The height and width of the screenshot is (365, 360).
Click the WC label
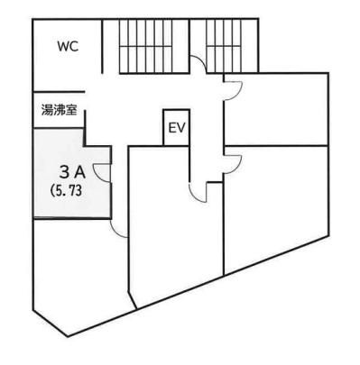(68, 47)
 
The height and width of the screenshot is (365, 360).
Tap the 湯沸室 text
(59, 111)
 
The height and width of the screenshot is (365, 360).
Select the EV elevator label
(178, 128)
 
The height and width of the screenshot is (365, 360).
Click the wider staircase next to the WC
(146, 46)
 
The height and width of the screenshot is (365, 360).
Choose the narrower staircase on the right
(224, 46)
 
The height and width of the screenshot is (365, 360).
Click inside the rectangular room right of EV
(276, 109)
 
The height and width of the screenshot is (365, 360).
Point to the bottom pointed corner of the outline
(67, 336)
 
